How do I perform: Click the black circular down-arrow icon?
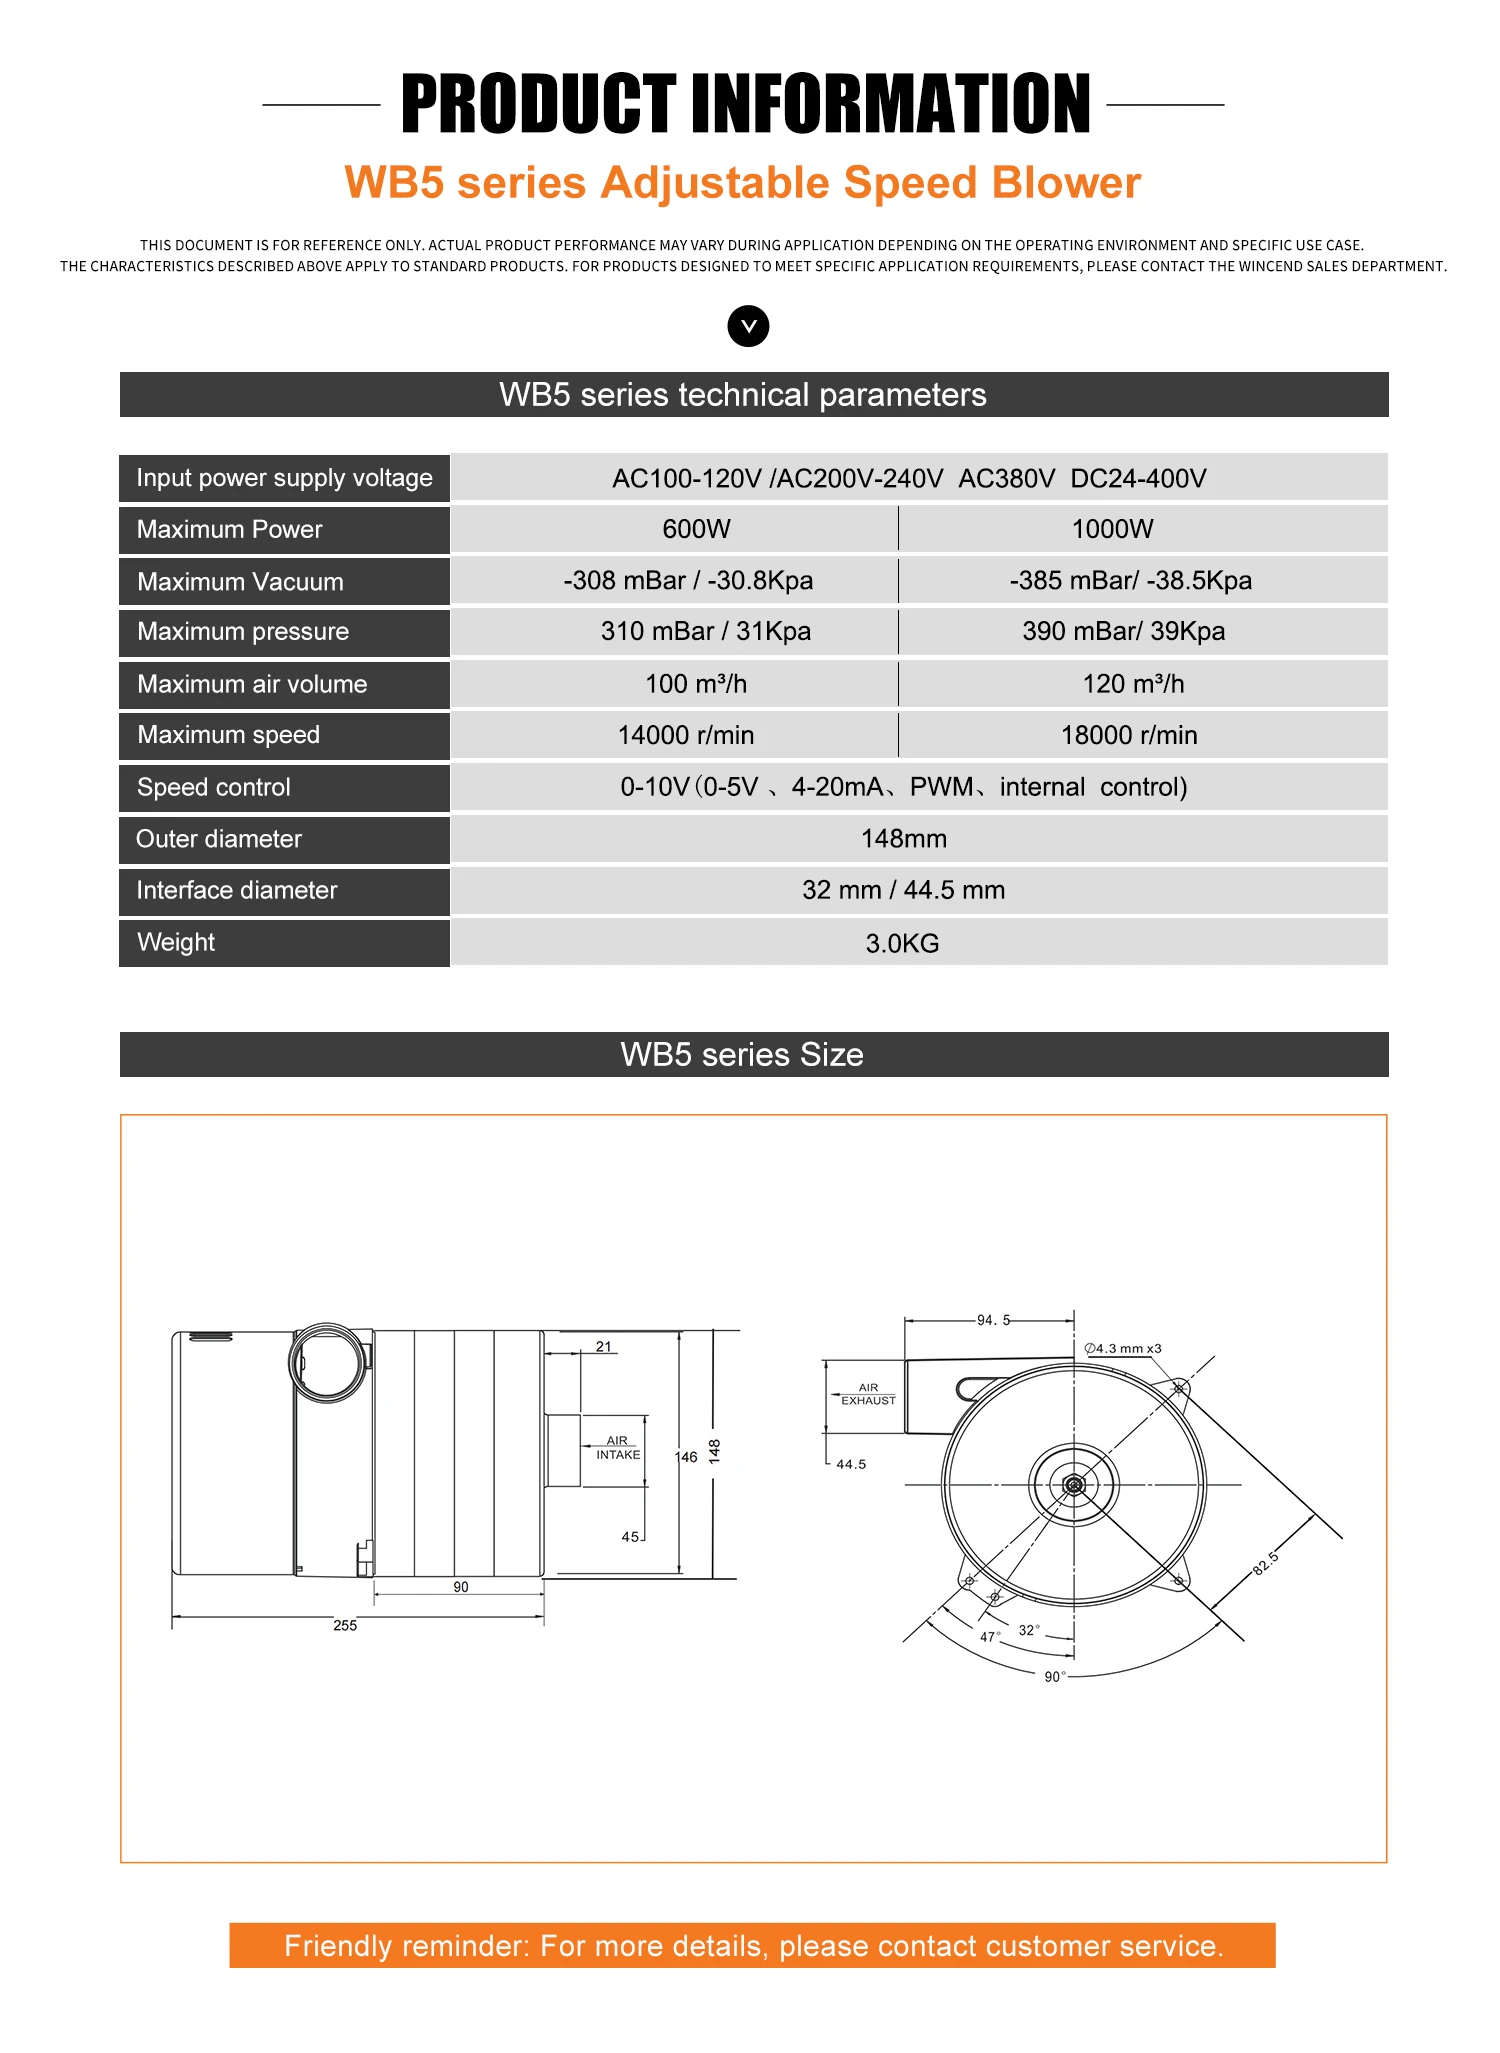click(x=748, y=326)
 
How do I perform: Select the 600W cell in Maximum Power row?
click(x=696, y=529)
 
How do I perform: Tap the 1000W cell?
click(x=1112, y=529)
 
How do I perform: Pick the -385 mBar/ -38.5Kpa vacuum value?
click(x=1130, y=580)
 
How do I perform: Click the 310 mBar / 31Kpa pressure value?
click(x=705, y=631)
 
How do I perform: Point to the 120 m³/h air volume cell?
click(x=1133, y=684)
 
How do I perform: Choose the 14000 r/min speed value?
click(x=686, y=735)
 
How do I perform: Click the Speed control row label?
click(x=213, y=787)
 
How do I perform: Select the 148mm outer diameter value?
click(x=904, y=838)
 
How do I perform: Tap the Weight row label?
click(x=175, y=942)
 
